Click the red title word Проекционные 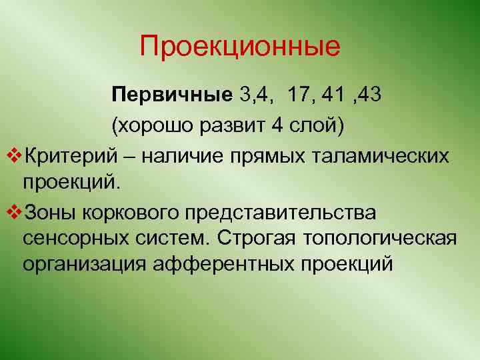(240, 47)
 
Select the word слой (315, 125)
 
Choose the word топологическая (380, 237)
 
